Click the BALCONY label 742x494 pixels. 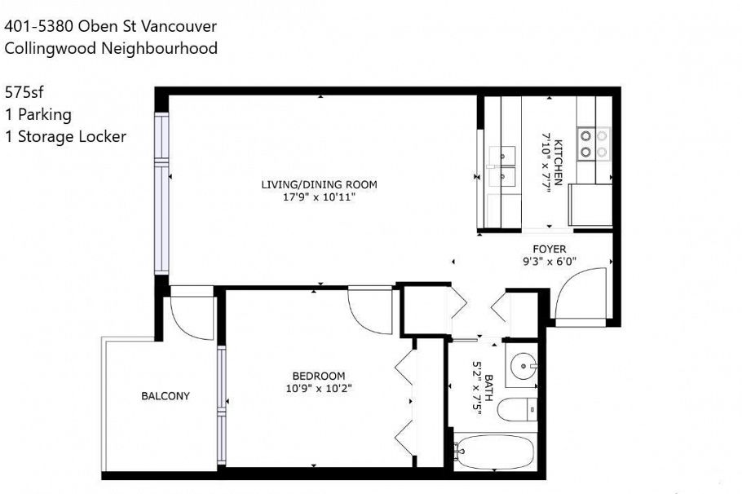[166, 396]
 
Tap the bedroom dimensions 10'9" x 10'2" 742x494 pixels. [319, 388]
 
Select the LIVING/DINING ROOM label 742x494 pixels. [319, 185]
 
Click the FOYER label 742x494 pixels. [549, 249]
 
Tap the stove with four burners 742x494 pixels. [594, 143]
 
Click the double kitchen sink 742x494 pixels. [504, 166]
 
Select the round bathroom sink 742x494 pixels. [521, 369]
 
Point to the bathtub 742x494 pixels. [494, 450]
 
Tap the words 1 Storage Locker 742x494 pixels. [65, 136]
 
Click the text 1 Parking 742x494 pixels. [38, 114]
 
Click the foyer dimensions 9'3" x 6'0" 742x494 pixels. [549, 262]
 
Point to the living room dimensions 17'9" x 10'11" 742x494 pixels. [319, 197]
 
